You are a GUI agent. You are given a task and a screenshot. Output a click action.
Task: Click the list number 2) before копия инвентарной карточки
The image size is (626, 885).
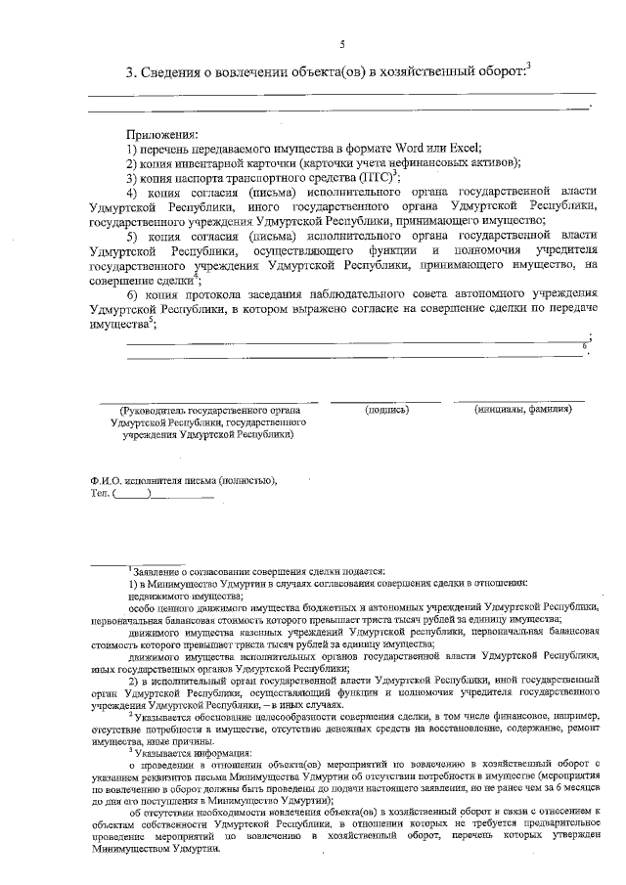(132, 163)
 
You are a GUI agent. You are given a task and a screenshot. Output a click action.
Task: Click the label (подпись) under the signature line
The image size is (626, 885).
(386, 410)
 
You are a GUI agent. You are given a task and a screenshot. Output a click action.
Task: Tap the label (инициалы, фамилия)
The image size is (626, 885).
(521, 410)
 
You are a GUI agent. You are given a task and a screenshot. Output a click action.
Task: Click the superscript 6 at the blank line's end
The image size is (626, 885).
(583, 345)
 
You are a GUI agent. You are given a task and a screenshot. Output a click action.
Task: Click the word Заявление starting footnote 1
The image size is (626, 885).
(158, 571)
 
